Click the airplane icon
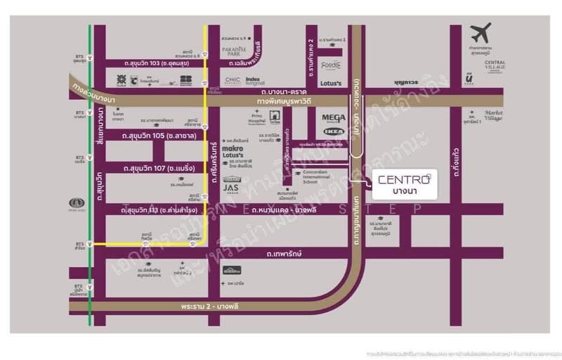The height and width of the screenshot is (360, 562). [482, 33]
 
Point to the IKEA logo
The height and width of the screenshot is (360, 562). [334, 131]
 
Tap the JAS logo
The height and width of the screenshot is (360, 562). [232, 187]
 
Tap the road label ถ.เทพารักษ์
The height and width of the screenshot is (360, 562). [284, 254]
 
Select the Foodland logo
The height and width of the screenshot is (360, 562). [331, 65]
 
